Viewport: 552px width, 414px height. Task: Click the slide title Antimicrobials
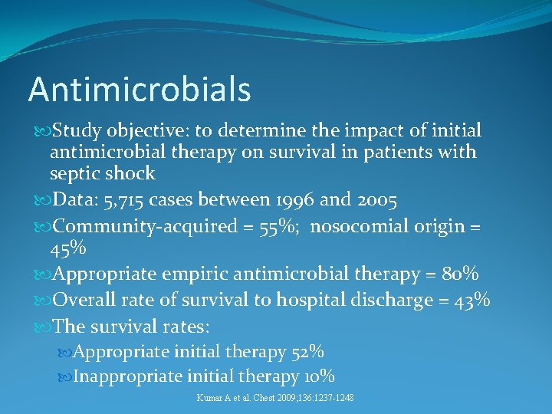point(140,89)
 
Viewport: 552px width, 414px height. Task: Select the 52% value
point(307,352)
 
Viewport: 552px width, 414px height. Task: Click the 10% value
point(318,376)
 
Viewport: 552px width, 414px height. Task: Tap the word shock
point(130,174)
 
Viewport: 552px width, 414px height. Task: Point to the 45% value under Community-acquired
point(68,249)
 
